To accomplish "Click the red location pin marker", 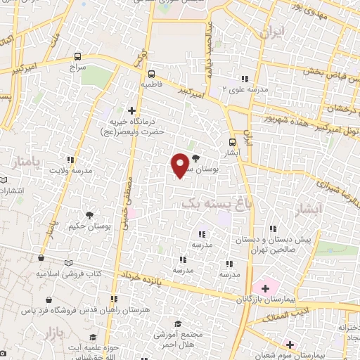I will coord(181,164).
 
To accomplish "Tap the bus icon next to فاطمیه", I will coord(152,72).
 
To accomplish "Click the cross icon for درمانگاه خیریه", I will coord(131,110).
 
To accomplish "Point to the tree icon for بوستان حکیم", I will coord(89,215).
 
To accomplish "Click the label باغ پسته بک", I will coord(211,202).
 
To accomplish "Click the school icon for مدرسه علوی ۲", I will coord(245,78).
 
